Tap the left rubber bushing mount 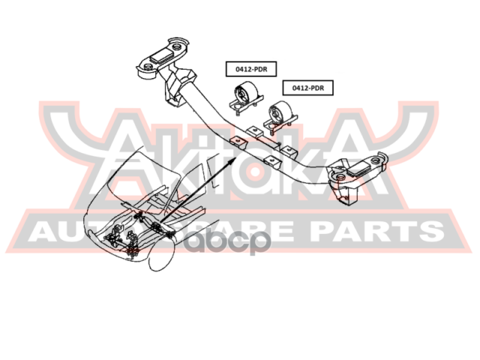244,100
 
